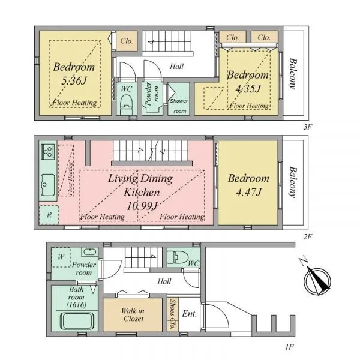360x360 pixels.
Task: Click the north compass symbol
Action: point(317,280)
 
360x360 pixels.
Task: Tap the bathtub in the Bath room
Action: point(77,321)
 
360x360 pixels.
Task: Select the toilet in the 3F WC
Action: point(127,104)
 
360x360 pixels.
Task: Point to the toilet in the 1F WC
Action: point(178,257)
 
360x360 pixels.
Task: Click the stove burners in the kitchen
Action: point(48,152)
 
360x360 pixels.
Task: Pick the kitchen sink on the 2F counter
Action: point(48,185)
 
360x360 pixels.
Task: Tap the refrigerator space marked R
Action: point(49,215)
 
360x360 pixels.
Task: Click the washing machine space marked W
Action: point(61,257)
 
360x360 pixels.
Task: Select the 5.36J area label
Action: point(74,80)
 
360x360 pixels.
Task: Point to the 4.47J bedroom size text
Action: point(248,192)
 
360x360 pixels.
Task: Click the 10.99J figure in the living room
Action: point(142,206)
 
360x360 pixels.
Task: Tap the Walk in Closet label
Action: point(133,315)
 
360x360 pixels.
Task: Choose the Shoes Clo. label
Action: point(173,314)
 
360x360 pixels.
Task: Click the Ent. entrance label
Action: point(190,314)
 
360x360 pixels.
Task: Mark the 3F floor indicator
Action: point(308,127)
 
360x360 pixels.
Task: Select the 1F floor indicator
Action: point(290,347)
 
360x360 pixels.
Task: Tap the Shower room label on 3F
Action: point(179,106)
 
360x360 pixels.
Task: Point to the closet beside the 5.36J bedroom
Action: point(127,41)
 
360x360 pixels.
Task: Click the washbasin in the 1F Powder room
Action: point(90,252)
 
